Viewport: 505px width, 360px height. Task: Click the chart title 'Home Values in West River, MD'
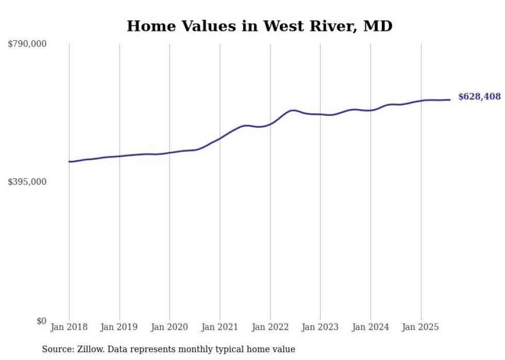click(259, 26)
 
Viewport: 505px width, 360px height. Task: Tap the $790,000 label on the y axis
click(27, 44)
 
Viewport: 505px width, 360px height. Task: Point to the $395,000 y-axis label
click(27, 182)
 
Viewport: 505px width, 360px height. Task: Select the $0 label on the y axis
click(41, 321)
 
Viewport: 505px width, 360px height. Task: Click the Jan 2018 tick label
click(69, 327)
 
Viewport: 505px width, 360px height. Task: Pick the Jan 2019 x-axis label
click(119, 327)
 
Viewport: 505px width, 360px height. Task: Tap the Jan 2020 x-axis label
click(170, 327)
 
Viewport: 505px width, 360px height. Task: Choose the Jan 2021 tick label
click(220, 327)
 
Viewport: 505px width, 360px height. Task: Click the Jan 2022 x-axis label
click(270, 327)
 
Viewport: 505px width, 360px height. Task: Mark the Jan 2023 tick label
click(320, 327)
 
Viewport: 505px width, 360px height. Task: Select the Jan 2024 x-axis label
click(371, 327)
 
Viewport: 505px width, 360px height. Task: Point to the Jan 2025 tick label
click(421, 327)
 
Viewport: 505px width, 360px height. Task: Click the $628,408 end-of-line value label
click(479, 97)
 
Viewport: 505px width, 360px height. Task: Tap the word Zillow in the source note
click(88, 349)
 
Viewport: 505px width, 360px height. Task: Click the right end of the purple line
click(450, 100)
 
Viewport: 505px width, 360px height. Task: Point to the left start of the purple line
click(70, 162)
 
